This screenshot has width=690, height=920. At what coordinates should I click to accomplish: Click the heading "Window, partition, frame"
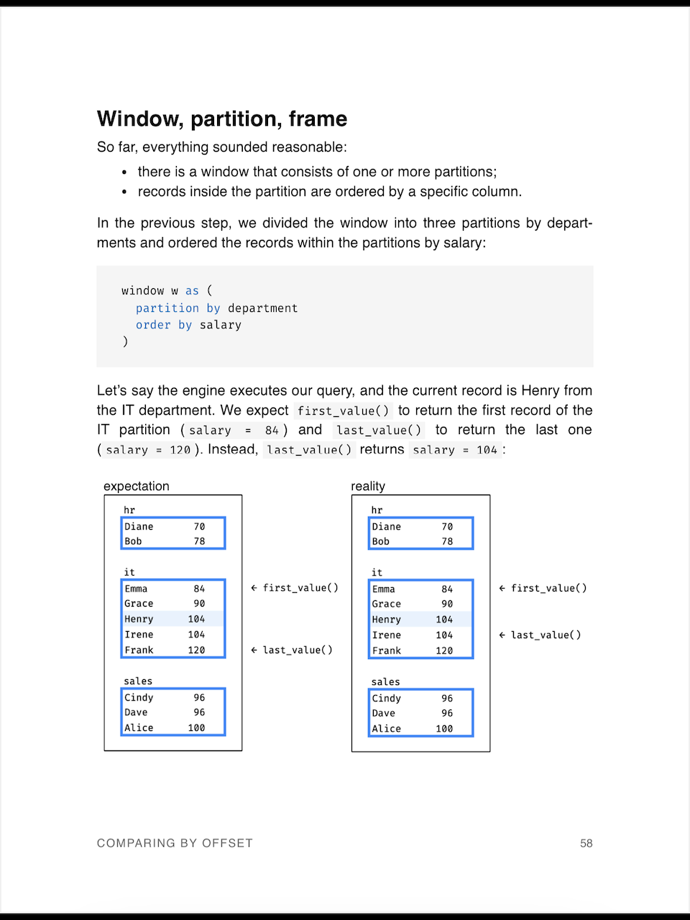point(222,119)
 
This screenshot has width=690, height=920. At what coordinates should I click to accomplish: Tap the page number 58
point(586,843)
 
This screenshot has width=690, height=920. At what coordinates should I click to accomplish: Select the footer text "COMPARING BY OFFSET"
point(175,843)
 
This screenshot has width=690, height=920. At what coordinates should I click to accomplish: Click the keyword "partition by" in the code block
point(178,308)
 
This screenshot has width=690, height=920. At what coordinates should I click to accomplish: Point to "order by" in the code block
point(164,325)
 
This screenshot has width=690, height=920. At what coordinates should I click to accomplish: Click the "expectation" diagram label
point(137,486)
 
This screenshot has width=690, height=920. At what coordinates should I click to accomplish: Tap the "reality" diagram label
point(368,486)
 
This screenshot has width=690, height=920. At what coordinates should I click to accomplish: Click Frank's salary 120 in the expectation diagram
point(196,650)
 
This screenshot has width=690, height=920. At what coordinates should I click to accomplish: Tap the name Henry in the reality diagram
point(387,620)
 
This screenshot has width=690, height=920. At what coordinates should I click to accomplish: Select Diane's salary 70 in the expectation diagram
point(199,526)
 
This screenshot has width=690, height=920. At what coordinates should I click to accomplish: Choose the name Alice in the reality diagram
point(387,728)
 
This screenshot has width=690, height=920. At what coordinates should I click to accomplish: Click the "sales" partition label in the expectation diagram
point(138,681)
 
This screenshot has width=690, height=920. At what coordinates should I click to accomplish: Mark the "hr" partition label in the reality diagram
point(377,510)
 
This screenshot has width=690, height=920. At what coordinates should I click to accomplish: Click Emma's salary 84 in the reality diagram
point(447,589)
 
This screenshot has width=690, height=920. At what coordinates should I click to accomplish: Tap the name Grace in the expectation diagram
point(139,604)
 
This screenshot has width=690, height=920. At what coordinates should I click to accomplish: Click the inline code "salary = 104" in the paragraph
point(455,450)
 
